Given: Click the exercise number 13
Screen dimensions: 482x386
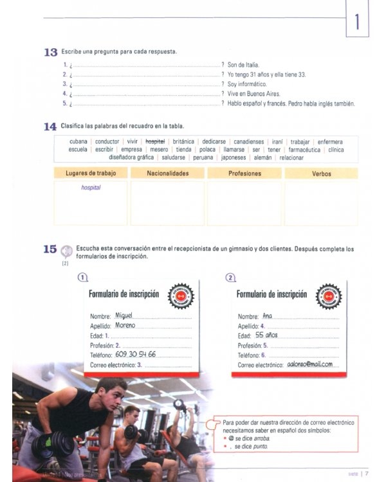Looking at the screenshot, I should click(x=51, y=52).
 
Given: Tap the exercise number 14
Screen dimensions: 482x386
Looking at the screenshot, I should click(x=50, y=127).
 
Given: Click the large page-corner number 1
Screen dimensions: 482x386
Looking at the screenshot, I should click(x=356, y=23).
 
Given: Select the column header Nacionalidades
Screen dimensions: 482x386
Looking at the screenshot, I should click(x=167, y=174).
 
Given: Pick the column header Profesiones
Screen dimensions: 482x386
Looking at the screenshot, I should click(x=244, y=174).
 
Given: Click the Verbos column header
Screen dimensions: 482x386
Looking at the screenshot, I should click(x=322, y=174).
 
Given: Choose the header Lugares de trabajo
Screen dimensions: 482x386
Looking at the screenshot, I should click(x=90, y=174).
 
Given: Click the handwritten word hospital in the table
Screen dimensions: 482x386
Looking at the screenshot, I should click(x=91, y=188).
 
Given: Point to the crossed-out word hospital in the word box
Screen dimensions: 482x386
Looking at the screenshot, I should click(x=155, y=141).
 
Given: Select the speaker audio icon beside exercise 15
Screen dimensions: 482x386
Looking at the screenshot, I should click(x=66, y=249).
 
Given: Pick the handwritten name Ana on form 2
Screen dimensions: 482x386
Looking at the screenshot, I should click(x=268, y=316).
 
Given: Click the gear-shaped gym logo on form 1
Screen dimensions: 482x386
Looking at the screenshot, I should click(x=181, y=295).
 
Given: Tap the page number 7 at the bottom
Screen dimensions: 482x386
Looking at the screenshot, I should click(x=367, y=474).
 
